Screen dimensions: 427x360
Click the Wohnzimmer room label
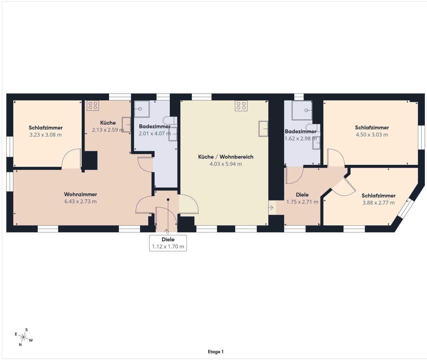click(x=80, y=194)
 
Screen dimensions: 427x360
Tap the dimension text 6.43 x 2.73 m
click(x=80, y=201)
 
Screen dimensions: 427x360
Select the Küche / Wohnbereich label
click(x=226, y=157)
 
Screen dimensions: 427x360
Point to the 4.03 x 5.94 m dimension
click(x=226, y=164)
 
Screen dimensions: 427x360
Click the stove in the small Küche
click(x=93, y=105)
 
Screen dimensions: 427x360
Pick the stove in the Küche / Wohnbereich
click(x=241, y=106)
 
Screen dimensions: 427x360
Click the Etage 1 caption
click(x=216, y=352)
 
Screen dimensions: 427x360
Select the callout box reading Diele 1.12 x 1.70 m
click(x=168, y=243)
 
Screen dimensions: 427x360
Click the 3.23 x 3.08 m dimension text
click(x=45, y=135)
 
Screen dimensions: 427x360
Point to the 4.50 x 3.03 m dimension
click(x=372, y=134)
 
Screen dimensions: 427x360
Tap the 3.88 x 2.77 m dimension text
click(x=378, y=203)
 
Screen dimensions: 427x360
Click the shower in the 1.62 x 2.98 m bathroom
click(x=302, y=110)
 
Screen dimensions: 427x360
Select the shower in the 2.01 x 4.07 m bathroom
click(x=142, y=109)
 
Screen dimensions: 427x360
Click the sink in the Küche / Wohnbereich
click(x=264, y=129)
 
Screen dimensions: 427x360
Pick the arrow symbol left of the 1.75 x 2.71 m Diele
click(x=271, y=208)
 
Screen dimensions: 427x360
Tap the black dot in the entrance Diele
click(x=168, y=200)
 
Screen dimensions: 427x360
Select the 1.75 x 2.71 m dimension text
click(x=302, y=202)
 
